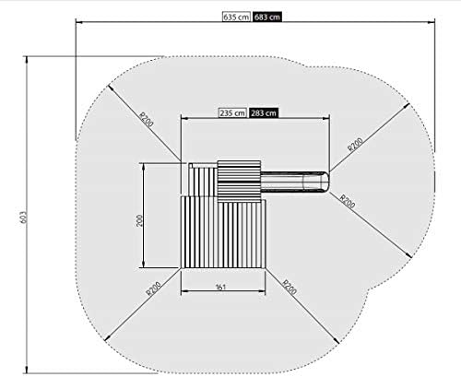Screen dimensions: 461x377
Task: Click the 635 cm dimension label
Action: (x=236, y=17)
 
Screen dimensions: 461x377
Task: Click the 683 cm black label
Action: (x=267, y=17)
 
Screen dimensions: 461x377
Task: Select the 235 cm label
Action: (x=232, y=113)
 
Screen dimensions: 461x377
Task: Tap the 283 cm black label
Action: (x=264, y=113)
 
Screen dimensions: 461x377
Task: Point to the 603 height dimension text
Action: (x=24, y=218)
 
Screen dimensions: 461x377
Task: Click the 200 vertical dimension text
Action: (x=139, y=220)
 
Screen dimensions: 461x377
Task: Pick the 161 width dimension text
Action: (x=220, y=287)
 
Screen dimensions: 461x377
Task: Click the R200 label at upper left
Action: (x=147, y=120)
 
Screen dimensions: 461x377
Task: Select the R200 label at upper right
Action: (x=355, y=145)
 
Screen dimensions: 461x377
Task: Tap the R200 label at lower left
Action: (x=153, y=289)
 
